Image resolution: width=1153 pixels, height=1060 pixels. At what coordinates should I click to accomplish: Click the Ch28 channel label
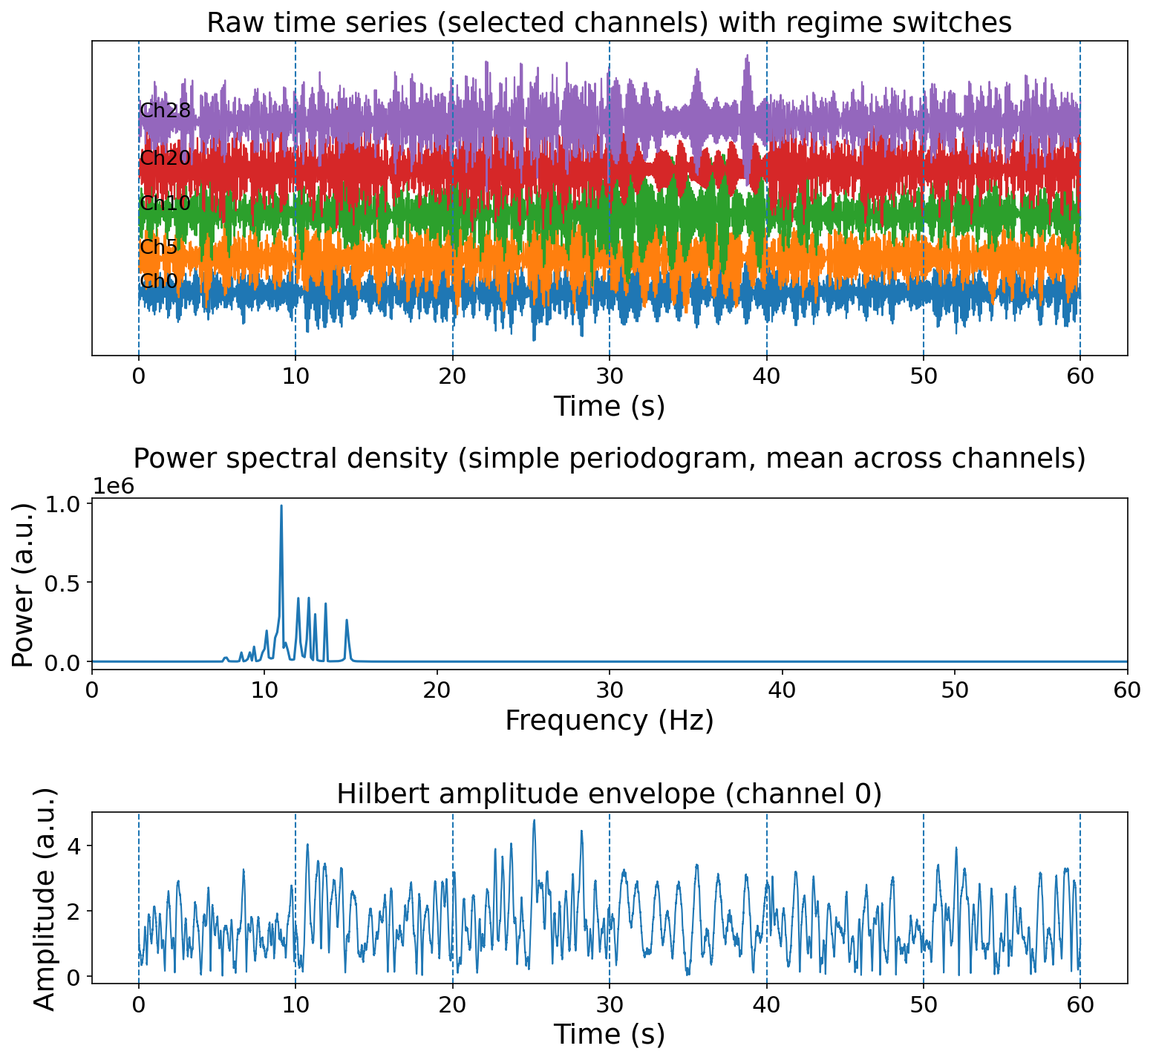click(165, 111)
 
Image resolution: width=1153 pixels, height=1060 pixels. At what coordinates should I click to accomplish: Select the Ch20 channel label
click(165, 158)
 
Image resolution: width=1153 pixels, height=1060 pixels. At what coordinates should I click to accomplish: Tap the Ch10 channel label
click(165, 203)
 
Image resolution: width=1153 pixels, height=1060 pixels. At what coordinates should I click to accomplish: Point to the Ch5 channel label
click(159, 247)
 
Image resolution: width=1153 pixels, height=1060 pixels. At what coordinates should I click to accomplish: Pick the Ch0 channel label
click(159, 281)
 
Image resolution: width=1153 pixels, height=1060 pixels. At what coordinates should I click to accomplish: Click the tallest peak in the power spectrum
click(281, 506)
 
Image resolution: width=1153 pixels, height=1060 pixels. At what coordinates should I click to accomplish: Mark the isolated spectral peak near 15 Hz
click(346, 621)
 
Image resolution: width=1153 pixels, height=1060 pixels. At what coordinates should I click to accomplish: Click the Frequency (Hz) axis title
click(609, 721)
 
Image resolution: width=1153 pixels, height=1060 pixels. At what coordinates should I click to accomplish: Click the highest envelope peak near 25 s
click(533, 821)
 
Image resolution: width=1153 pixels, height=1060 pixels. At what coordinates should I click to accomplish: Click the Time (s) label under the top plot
click(609, 407)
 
